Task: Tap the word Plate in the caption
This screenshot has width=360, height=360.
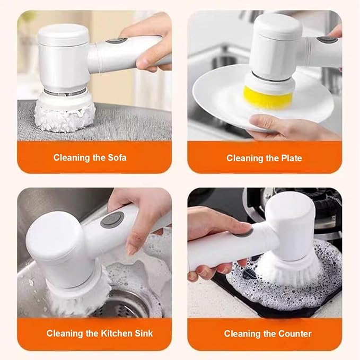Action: [291, 158]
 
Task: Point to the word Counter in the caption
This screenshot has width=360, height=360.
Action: [294, 333]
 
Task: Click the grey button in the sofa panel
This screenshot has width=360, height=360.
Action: [116, 41]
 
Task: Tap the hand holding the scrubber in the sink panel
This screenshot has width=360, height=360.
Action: [143, 217]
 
